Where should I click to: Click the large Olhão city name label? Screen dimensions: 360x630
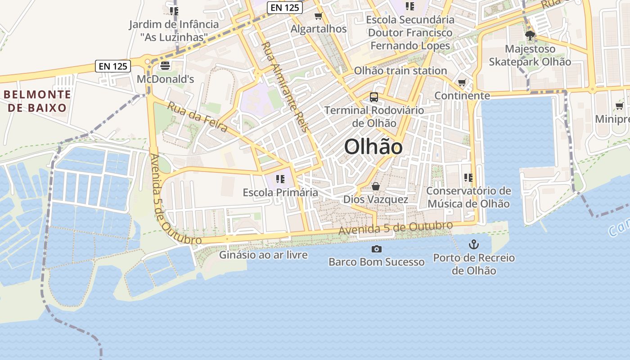pyautogui.click(x=373, y=147)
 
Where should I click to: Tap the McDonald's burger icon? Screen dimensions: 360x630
pyautogui.click(x=165, y=66)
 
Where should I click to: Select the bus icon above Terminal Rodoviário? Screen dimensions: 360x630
pyautogui.click(x=373, y=97)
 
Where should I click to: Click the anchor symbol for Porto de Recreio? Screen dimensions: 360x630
pyautogui.click(x=473, y=244)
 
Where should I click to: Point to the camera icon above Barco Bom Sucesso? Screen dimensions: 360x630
pyautogui.click(x=376, y=249)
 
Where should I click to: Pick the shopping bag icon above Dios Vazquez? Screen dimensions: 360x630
pyautogui.click(x=376, y=186)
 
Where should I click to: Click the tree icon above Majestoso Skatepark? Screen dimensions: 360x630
pyautogui.click(x=530, y=35)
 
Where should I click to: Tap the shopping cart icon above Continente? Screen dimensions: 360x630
pyautogui.click(x=462, y=82)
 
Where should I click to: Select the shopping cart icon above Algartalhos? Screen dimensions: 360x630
pyautogui.click(x=319, y=16)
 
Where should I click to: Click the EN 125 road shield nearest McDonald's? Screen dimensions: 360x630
pyautogui.click(x=113, y=66)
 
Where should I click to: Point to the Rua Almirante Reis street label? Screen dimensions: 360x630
pyautogui.click(x=285, y=86)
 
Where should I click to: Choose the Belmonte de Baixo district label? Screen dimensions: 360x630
pyautogui.click(x=37, y=101)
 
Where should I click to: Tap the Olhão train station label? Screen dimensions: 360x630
pyautogui.click(x=400, y=71)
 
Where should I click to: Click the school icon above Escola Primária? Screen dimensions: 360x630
pyautogui.click(x=280, y=179)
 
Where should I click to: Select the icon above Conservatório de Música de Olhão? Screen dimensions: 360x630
pyautogui.click(x=468, y=178)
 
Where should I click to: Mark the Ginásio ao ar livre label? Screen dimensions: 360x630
pyautogui.click(x=263, y=255)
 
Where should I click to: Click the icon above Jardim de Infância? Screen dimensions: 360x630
pyautogui.click(x=174, y=11)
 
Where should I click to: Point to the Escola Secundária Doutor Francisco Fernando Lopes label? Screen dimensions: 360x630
pyautogui.click(x=410, y=32)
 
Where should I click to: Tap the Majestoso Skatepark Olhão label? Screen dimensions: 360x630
pyautogui.click(x=530, y=55)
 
